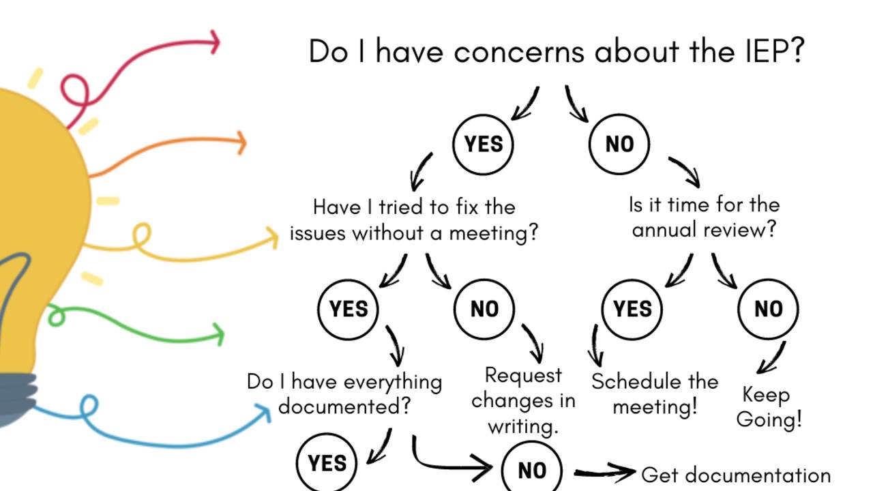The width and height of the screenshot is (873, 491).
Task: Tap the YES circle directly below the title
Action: click(x=483, y=144)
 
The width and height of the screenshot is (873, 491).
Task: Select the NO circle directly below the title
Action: click(x=619, y=144)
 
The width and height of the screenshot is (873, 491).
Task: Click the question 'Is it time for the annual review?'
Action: click(x=704, y=217)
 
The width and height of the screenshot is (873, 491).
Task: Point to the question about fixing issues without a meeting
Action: click(x=414, y=220)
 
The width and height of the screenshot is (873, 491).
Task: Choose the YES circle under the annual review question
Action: click(x=632, y=309)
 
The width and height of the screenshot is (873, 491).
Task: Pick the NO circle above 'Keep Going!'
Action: click(x=768, y=309)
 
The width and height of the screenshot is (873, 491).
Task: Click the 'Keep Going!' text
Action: click(x=769, y=406)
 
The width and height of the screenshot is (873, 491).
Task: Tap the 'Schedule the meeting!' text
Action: click(x=655, y=393)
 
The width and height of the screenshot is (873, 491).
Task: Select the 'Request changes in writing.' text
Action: click(x=523, y=400)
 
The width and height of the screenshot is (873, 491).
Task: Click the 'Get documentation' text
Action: click(x=736, y=475)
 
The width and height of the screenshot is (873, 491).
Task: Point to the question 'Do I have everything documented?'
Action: click(x=344, y=393)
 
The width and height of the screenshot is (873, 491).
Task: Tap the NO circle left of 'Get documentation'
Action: click(x=532, y=469)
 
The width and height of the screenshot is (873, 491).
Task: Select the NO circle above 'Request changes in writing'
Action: click(x=484, y=309)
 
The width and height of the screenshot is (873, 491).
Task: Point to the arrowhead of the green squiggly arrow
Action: click(x=219, y=334)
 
